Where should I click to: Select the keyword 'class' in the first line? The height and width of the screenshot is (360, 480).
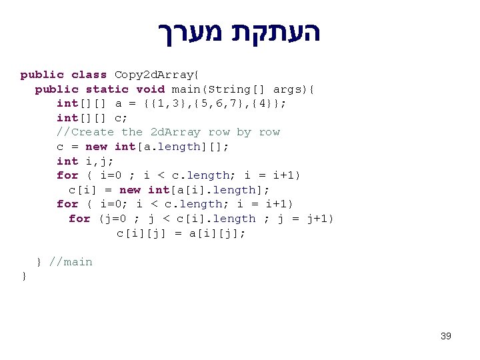pyautogui.click(x=89, y=75)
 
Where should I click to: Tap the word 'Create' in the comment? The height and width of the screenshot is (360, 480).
pyautogui.click(x=93, y=132)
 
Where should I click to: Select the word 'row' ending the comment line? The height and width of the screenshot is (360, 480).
pyautogui.click(x=269, y=132)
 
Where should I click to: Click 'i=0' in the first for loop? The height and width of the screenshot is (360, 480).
pyautogui.click(x=111, y=175)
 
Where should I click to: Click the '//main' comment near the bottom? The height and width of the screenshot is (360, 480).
pyautogui.click(x=71, y=262)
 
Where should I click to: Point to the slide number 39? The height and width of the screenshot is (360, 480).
pyautogui.click(x=446, y=336)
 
